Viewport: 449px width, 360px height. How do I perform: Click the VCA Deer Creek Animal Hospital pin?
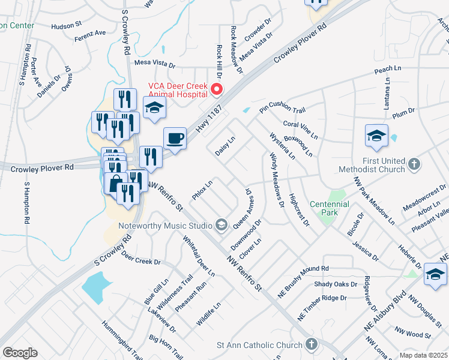tap(216, 90)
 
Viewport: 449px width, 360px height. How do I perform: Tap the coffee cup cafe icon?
tap(175, 137)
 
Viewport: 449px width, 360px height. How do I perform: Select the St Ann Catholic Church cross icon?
tap(311, 344)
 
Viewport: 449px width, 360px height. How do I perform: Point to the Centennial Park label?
tap(330, 208)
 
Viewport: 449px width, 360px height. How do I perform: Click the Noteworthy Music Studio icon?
tap(221, 225)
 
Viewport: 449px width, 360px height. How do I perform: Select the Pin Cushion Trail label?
tap(283, 108)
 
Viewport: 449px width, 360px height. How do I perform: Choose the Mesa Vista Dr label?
tap(155, 63)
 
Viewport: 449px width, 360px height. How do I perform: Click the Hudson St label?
tap(66, 26)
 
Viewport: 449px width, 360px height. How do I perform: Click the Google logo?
tap(20, 352)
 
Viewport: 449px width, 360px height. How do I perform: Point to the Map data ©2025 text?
tap(423, 355)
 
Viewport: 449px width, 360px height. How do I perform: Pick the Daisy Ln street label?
tap(224, 146)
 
